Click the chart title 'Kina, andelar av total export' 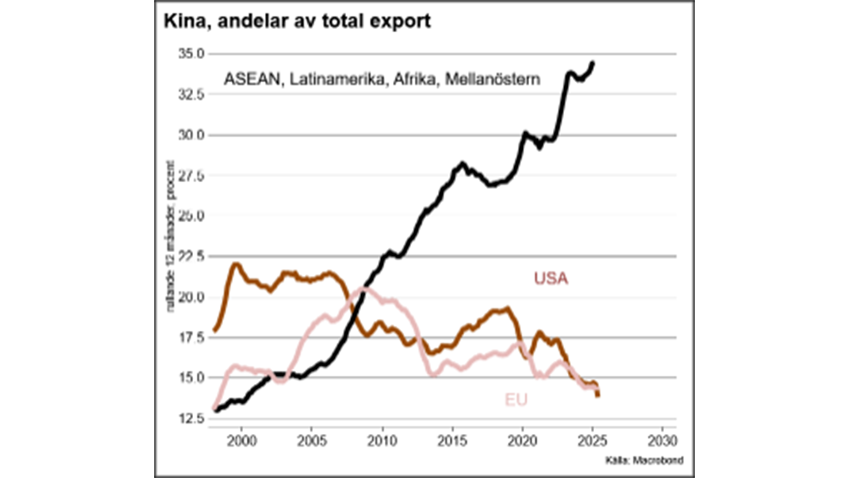coord(297,21)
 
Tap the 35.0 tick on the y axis coord(191,54)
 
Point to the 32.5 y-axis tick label coord(191,94)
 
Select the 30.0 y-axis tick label coord(191,135)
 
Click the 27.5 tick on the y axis coord(191,176)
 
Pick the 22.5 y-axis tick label coord(191,256)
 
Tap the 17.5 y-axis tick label coord(191,337)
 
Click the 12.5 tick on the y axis coord(191,418)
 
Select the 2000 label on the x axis coord(241,441)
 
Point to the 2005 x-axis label coord(312,441)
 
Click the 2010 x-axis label coord(382,441)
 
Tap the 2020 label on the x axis coord(522,441)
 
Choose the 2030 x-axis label coord(662,441)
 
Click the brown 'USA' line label coord(551,278)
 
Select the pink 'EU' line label coord(516,400)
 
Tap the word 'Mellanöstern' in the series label coord(493,79)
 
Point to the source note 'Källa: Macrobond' coord(644,461)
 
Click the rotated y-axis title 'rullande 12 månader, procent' coord(170,236)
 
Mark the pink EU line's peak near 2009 coord(363,289)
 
